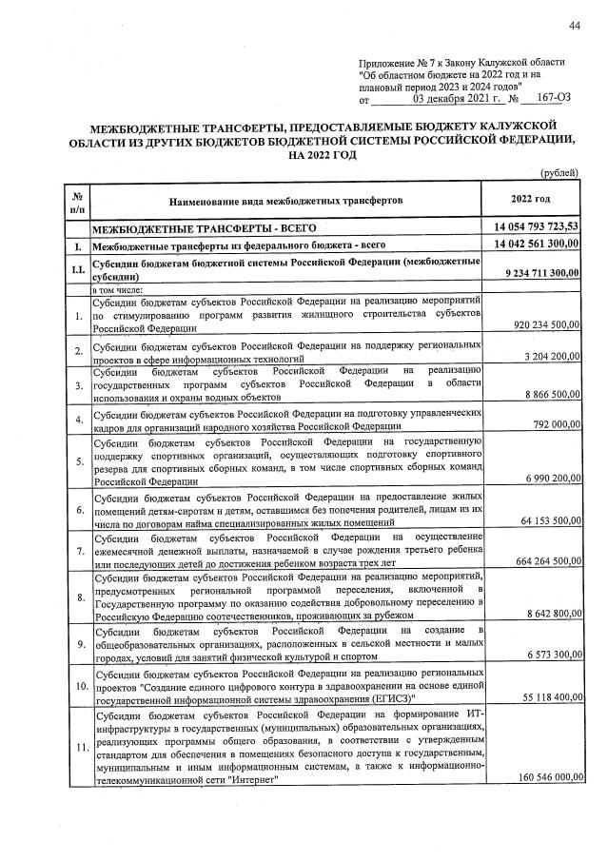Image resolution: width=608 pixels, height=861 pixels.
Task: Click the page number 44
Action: tap(574, 24)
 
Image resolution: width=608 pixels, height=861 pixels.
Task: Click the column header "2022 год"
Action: tap(530, 199)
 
